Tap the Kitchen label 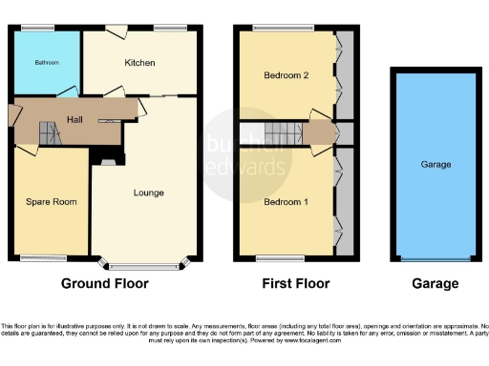139,63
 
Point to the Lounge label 148,193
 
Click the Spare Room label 51,202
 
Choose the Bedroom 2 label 285,76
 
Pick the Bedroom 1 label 285,202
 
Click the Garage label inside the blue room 436,164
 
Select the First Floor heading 296,283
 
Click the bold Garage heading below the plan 436,283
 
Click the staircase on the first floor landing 278,132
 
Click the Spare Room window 44,257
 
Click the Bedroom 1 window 280,257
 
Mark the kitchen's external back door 117,31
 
